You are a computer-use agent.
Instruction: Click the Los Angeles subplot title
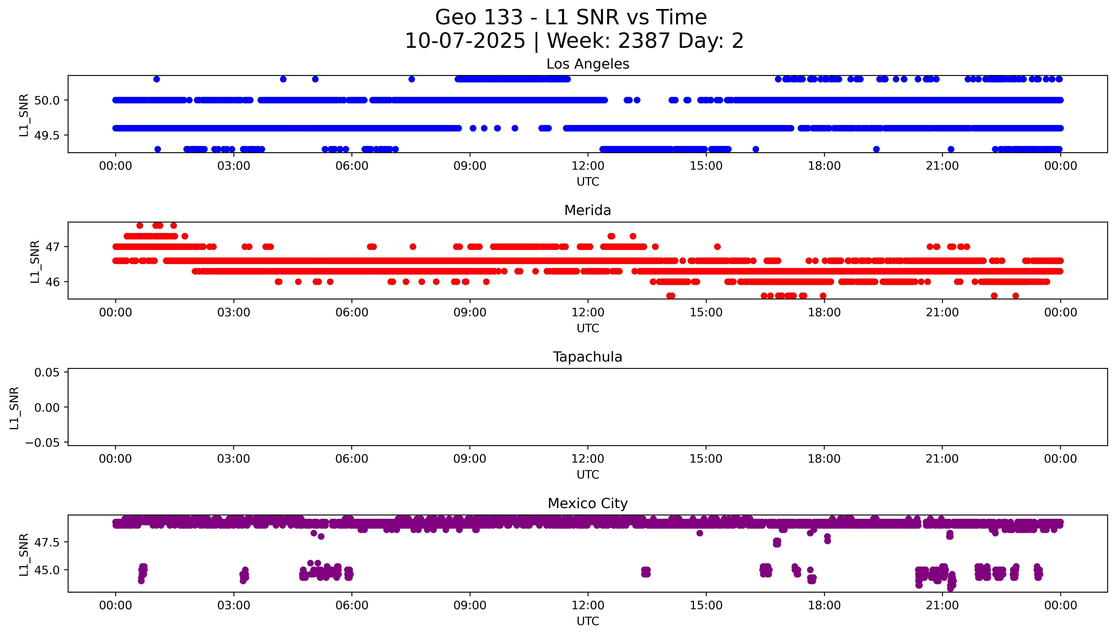pos(587,64)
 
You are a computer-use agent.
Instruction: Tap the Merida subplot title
pos(587,211)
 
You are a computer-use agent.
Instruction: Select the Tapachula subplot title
pos(587,357)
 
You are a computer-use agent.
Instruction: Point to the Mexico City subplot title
pos(587,504)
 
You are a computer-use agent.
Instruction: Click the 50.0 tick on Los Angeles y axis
pos(47,100)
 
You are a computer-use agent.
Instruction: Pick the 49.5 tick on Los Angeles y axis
pos(47,135)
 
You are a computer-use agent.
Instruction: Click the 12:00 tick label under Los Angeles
pos(587,166)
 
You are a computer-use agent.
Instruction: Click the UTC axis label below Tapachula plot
pos(587,475)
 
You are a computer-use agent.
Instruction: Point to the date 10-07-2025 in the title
pos(465,41)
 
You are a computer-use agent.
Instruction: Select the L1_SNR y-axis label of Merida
pos(35,261)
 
